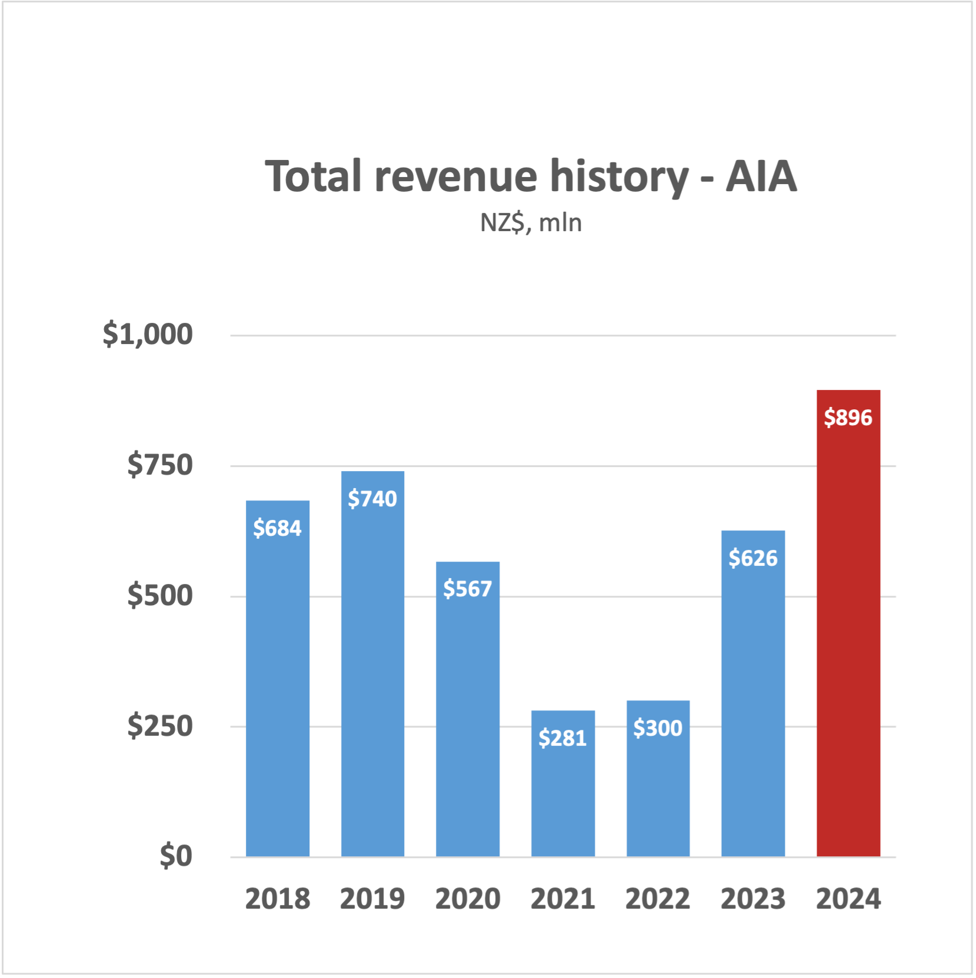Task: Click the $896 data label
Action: [848, 418]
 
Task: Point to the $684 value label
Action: [277, 528]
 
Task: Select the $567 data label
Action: [468, 589]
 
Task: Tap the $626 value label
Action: [753, 558]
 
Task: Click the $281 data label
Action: [563, 738]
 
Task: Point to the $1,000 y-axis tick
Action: [148, 334]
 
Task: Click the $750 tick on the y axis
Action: [160, 465]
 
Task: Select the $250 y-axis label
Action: [160, 726]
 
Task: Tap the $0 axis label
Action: [176, 856]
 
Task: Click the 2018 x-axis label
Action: [277, 899]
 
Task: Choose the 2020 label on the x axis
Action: [468, 899]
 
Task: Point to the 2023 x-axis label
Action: [753, 899]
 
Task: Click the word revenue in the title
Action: [456, 176]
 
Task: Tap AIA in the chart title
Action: [761, 176]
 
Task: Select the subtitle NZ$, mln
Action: [531, 223]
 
